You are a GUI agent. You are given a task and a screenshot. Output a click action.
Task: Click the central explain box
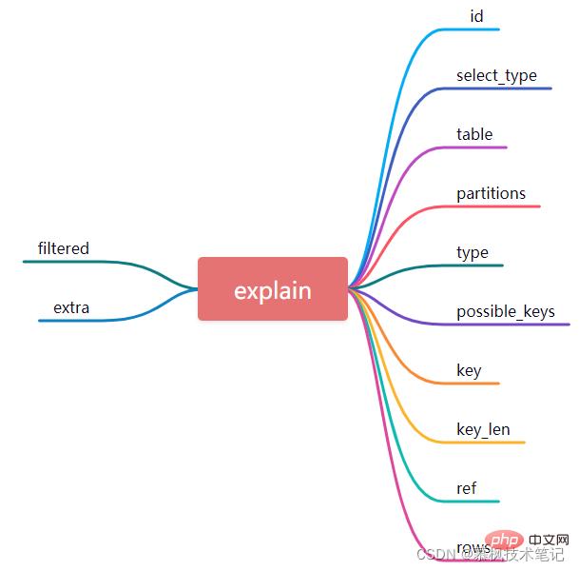click(x=273, y=289)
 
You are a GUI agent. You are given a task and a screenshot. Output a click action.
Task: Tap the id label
click(x=477, y=16)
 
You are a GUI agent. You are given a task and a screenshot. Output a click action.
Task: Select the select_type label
click(x=496, y=75)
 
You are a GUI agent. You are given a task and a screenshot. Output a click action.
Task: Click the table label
click(x=474, y=134)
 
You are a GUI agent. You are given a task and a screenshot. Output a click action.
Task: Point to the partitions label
click(x=491, y=193)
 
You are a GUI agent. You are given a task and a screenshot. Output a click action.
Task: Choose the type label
click(x=473, y=252)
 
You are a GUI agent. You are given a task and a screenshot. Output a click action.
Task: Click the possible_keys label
click(x=505, y=311)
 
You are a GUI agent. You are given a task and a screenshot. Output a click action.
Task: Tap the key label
click(x=469, y=370)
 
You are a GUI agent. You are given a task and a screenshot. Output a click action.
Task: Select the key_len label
click(x=483, y=429)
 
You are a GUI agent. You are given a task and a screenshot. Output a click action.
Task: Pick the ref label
click(x=466, y=488)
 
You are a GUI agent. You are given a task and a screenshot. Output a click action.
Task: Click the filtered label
click(x=64, y=248)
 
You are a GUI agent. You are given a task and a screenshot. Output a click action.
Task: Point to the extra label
click(x=71, y=307)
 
